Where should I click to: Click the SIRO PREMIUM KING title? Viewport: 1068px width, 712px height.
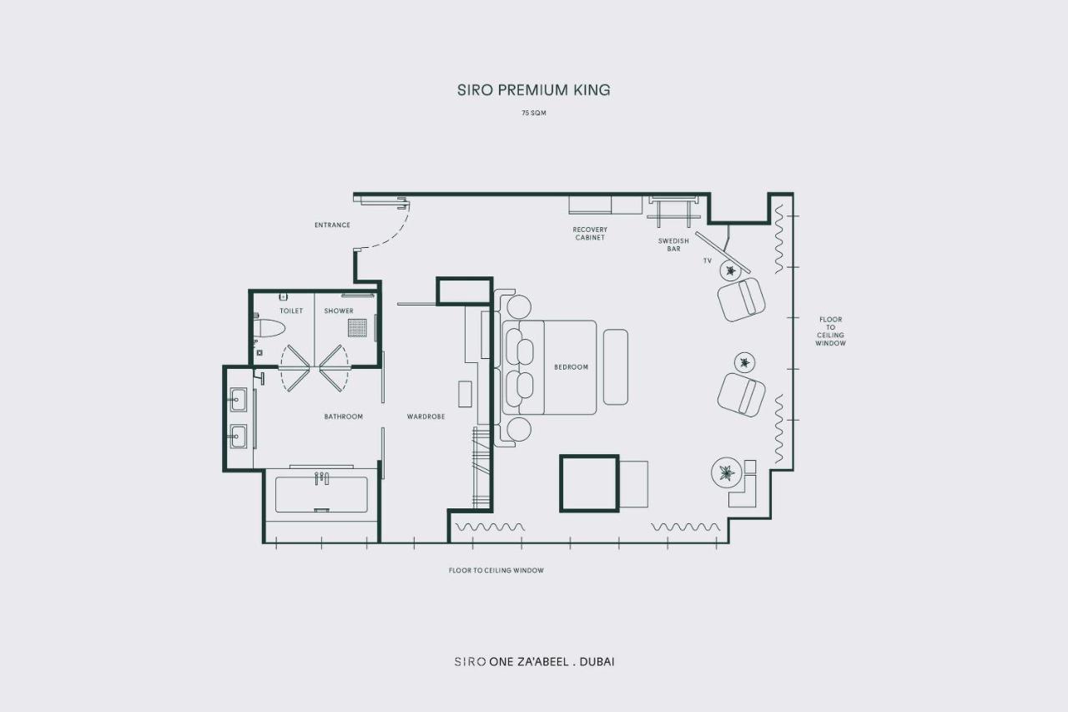click(x=533, y=89)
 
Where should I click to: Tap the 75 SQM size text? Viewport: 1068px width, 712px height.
click(x=533, y=113)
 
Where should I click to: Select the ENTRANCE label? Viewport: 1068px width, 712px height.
click(x=332, y=225)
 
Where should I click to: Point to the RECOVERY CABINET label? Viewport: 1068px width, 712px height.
click(x=590, y=233)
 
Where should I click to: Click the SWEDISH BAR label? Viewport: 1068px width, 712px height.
click(x=673, y=245)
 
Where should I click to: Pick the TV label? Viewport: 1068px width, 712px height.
click(x=708, y=261)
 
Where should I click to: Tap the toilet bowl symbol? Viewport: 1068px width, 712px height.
click(x=269, y=328)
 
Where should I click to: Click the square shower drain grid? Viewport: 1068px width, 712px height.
click(x=358, y=328)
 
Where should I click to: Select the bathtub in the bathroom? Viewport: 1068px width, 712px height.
click(x=322, y=494)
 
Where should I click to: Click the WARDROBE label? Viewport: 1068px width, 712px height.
click(x=426, y=417)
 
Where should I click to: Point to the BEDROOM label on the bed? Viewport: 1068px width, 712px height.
click(x=572, y=367)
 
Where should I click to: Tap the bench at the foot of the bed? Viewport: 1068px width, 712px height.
click(x=616, y=367)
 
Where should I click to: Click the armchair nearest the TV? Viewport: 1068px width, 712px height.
click(x=742, y=300)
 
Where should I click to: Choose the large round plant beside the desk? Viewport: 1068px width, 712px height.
click(x=727, y=472)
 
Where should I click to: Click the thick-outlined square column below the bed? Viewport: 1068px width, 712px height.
click(x=589, y=483)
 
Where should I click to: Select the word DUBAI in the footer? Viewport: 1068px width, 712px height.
click(x=597, y=662)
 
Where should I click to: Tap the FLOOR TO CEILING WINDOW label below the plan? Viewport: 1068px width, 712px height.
click(x=496, y=570)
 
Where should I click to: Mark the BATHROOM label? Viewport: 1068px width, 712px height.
click(x=343, y=417)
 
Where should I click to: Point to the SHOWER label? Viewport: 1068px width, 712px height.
click(x=339, y=311)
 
